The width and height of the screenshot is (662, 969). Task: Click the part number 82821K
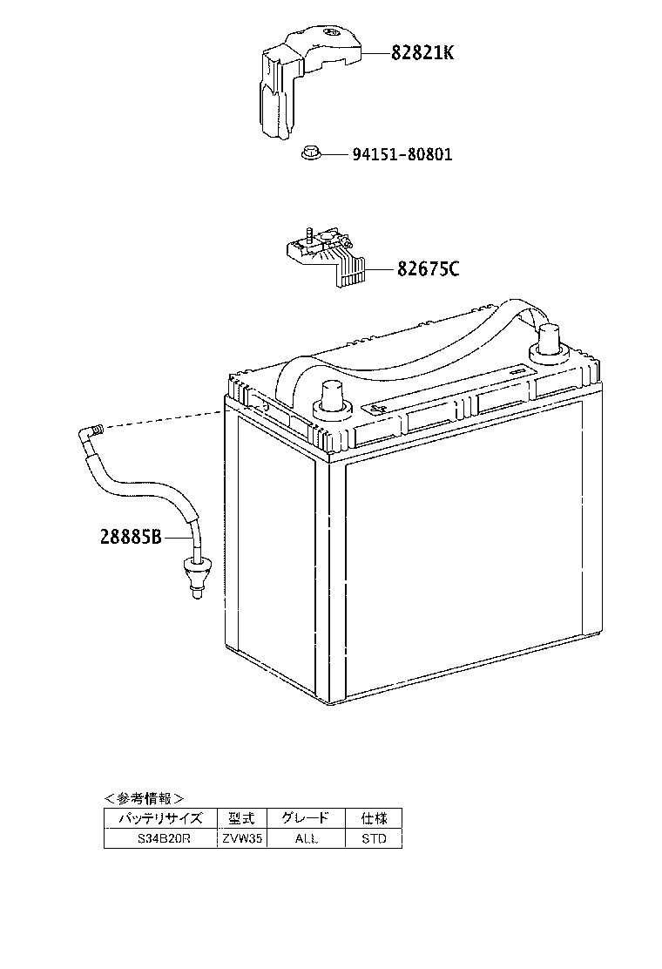click(422, 52)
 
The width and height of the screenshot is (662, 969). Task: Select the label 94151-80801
click(402, 154)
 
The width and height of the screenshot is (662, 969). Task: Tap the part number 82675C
click(428, 269)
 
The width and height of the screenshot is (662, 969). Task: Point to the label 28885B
click(131, 537)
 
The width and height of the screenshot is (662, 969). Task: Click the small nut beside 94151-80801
click(310, 152)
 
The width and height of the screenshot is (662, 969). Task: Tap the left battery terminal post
click(333, 398)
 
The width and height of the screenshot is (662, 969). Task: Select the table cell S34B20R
click(160, 838)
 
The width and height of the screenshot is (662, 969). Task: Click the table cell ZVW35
click(242, 838)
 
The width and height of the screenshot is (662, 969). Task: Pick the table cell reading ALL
click(306, 838)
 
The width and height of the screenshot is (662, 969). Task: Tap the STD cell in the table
click(374, 838)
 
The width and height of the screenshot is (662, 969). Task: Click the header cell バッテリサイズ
click(160, 818)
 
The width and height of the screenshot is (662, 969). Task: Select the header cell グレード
click(306, 818)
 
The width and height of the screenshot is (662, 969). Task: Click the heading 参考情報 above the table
click(143, 798)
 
